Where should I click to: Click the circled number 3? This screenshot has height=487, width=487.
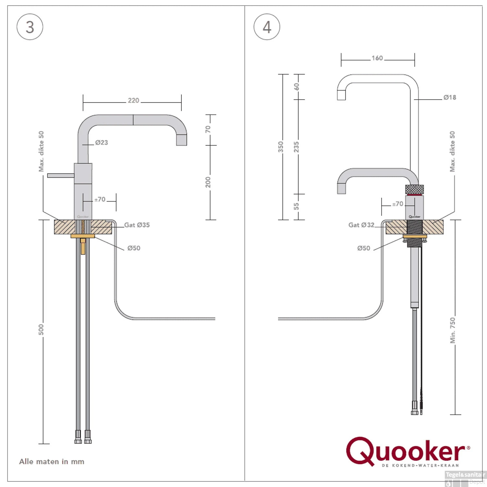click(x=30, y=27)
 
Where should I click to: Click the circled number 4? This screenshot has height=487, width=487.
click(x=267, y=27)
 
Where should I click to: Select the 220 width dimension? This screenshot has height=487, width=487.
click(x=133, y=101)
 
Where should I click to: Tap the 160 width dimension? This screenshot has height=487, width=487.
click(x=377, y=58)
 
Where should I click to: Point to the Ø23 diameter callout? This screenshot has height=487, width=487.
click(x=101, y=143)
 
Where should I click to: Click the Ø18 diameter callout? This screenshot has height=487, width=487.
click(x=450, y=97)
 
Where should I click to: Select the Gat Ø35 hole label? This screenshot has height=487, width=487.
click(x=137, y=225)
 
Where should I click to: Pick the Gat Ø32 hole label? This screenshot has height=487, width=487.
click(x=361, y=225)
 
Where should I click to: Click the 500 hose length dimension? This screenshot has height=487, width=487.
click(x=41, y=329)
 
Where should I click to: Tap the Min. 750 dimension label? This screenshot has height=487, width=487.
click(x=453, y=330)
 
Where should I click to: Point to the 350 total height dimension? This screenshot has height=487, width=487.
click(x=281, y=147)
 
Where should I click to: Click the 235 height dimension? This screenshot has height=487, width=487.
click(x=296, y=147)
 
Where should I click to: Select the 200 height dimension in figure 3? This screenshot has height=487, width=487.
click(x=208, y=182)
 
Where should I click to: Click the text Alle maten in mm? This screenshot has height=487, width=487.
click(x=52, y=461)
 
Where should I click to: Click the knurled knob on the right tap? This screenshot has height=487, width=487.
click(x=415, y=189)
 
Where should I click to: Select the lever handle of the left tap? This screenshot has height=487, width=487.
click(x=61, y=176)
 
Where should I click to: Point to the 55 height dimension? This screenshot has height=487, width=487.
click(x=296, y=206)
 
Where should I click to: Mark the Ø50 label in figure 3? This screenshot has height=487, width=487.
click(x=134, y=248)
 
